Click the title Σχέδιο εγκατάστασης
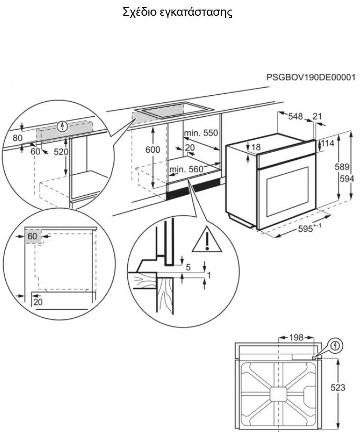coord(178,13)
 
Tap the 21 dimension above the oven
coord(317,116)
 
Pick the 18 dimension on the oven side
coord(257,147)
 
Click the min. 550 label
coord(200,133)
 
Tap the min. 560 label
coord(186,168)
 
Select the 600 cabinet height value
coord(153,150)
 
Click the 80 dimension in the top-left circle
coord(18,137)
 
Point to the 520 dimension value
coord(61,152)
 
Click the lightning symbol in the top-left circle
coord(61,127)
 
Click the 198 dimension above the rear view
coord(296,337)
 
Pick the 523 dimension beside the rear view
coord(337,388)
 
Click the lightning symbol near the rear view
coord(336,345)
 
